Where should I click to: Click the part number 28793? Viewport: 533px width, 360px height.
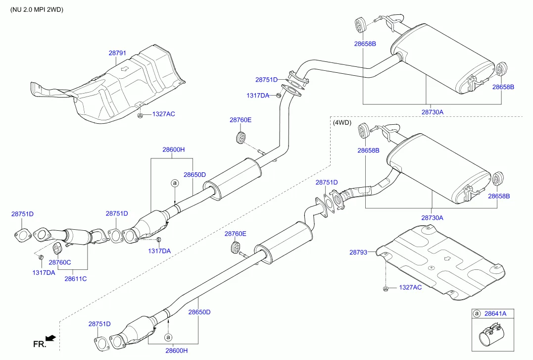click(358, 252)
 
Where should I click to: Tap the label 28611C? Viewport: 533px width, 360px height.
click(75, 279)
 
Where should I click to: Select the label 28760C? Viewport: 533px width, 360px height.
click(59, 262)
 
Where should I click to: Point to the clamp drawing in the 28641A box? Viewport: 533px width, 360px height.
click(492, 339)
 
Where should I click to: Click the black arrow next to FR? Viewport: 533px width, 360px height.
click(50, 339)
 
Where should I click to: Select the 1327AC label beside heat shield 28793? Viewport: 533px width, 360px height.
click(410, 288)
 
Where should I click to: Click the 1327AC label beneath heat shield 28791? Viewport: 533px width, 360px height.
click(163, 114)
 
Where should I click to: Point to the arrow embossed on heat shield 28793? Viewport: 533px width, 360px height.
click(447, 258)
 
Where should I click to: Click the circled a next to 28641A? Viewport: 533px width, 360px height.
click(477, 313)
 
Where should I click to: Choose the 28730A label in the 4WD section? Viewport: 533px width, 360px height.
click(432, 217)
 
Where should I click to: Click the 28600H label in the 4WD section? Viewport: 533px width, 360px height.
click(177, 351)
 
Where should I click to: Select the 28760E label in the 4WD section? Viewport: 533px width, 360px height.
click(235, 233)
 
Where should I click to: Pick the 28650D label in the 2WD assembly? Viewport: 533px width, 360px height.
click(194, 174)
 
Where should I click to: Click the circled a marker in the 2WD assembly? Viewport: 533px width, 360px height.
click(174, 183)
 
